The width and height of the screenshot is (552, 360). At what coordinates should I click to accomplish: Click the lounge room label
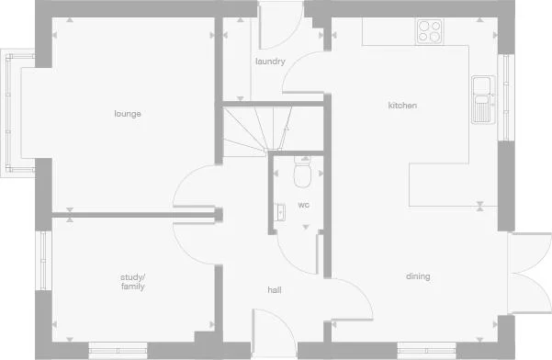click(127, 114)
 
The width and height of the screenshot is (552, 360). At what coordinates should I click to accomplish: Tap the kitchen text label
click(402, 106)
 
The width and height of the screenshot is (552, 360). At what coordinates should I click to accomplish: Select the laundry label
click(270, 62)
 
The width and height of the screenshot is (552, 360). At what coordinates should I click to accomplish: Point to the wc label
click(303, 205)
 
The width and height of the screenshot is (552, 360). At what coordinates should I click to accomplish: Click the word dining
click(418, 276)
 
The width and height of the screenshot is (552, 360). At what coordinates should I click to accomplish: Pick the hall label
click(274, 290)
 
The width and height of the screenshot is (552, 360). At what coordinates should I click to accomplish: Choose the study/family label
click(133, 281)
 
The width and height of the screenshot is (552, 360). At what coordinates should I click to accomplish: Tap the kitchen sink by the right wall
click(482, 99)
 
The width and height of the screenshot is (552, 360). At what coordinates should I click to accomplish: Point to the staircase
click(258, 129)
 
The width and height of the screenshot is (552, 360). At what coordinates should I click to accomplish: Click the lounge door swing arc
click(195, 188)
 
